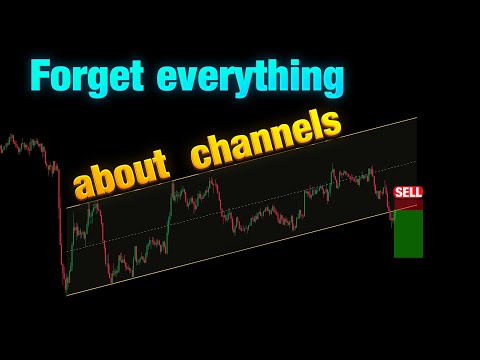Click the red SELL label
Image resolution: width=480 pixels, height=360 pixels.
[408, 191]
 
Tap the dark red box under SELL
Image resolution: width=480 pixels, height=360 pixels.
[408, 203]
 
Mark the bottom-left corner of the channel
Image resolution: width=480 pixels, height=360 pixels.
[66, 295]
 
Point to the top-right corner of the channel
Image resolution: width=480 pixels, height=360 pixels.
[416, 118]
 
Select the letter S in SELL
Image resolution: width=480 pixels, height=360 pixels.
[399, 191]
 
